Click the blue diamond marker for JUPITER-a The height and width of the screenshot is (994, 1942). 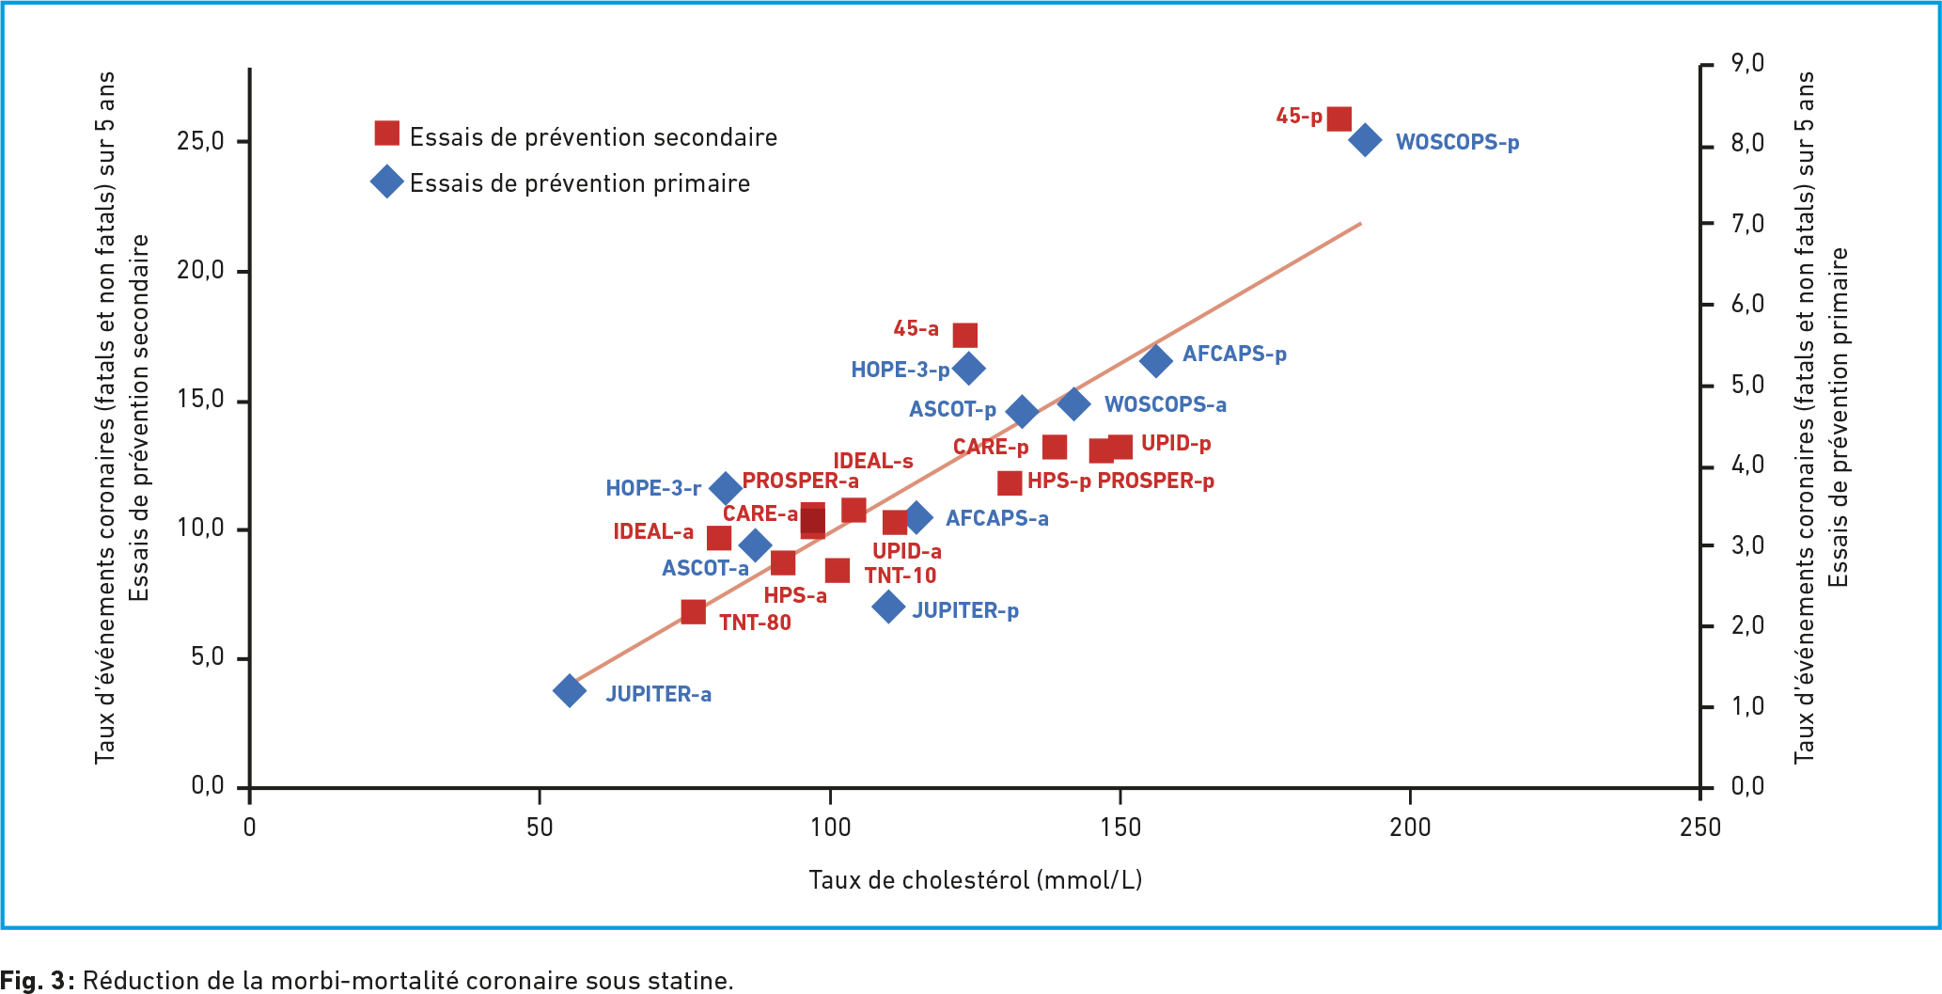(569, 691)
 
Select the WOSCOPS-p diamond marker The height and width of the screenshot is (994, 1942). (1365, 140)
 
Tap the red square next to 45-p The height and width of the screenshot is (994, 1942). (1339, 119)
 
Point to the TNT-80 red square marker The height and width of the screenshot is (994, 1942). (693, 612)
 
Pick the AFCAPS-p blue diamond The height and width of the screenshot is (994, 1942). (1156, 359)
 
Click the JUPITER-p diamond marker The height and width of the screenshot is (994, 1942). (888, 607)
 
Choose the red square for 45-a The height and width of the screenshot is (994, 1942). (965, 336)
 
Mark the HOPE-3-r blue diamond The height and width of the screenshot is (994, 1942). (725, 488)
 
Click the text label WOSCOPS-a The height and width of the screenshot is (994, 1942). (1165, 404)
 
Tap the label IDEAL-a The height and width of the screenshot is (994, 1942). (652, 531)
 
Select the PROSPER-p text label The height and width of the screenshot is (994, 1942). (1155, 481)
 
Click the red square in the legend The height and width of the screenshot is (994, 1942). (386, 134)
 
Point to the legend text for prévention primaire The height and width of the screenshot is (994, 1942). (579, 182)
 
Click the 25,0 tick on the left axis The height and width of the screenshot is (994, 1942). (200, 141)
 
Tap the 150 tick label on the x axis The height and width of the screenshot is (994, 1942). (1120, 828)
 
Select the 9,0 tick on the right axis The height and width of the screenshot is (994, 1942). (1747, 63)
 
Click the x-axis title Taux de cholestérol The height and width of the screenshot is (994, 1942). (975, 880)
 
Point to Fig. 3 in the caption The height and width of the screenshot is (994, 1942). (36, 980)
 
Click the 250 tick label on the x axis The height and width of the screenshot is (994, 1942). (1699, 828)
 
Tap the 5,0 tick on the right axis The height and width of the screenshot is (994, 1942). (1747, 385)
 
